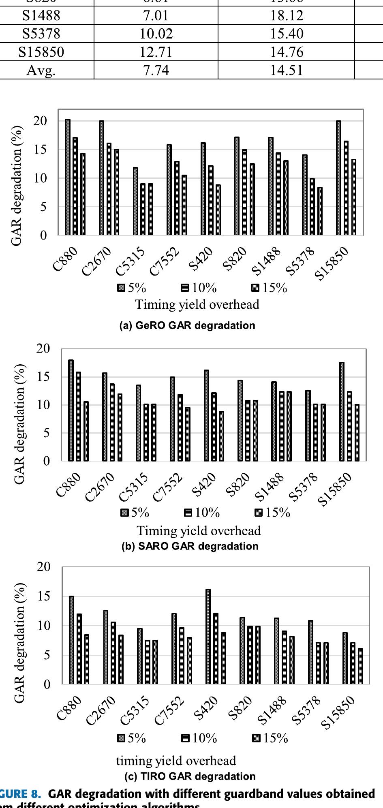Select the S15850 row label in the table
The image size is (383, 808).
click(x=47, y=52)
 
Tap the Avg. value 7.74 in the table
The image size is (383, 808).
click(x=156, y=71)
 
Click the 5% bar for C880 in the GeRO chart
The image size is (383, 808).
click(x=68, y=177)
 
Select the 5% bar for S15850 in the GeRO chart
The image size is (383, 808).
click(x=338, y=178)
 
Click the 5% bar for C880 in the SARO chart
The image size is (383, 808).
click(x=71, y=410)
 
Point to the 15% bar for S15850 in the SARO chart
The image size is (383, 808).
click(x=357, y=433)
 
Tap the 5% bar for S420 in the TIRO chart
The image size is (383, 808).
click(x=208, y=637)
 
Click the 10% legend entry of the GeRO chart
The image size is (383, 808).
click(x=199, y=288)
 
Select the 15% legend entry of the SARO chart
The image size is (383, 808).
click(x=272, y=513)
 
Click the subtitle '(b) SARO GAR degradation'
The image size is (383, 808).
click(x=190, y=546)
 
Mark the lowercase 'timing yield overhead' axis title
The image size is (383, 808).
click(x=176, y=761)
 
